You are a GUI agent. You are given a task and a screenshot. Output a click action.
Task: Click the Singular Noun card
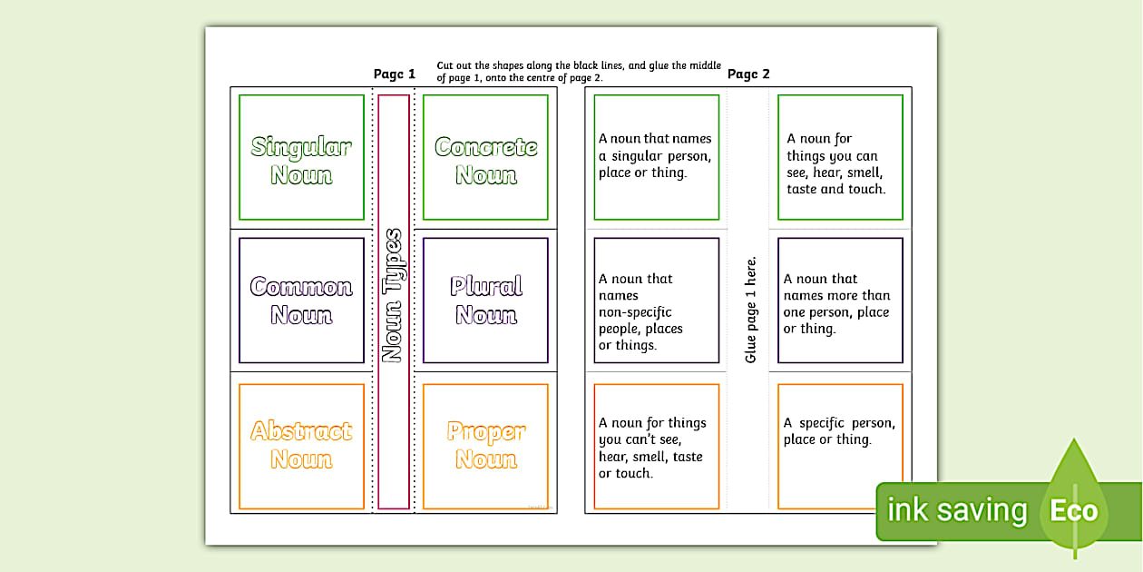tap(301, 159)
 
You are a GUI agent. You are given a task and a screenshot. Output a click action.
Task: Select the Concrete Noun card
tap(485, 159)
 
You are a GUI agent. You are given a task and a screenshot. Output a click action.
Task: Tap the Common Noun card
tap(301, 301)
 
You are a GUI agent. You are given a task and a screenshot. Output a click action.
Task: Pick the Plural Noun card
tap(485, 301)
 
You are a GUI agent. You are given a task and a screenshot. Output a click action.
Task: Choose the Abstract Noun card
tap(301, 445)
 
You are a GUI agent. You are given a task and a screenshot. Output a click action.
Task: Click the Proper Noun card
tap(485, 445)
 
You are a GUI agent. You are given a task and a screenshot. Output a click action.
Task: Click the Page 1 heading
tap(395, 74)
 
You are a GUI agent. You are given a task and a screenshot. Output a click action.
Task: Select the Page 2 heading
tap(748, 74)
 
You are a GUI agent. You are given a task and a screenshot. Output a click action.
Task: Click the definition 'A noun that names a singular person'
tap(655, 156)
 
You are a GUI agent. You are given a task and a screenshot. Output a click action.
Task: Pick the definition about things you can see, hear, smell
tap(836, 164)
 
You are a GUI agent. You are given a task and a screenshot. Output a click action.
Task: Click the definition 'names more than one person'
tap(836, 303)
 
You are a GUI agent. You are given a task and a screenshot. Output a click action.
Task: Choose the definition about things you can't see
tap(652, 448)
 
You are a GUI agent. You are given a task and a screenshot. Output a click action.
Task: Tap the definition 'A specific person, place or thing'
tap(839, 431)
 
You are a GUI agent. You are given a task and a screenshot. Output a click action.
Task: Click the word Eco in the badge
tap(1073, 510)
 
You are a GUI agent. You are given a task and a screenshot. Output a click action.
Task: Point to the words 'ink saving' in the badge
tap(957, 510)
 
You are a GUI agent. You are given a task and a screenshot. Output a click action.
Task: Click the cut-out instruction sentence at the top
tap(579, 72)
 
